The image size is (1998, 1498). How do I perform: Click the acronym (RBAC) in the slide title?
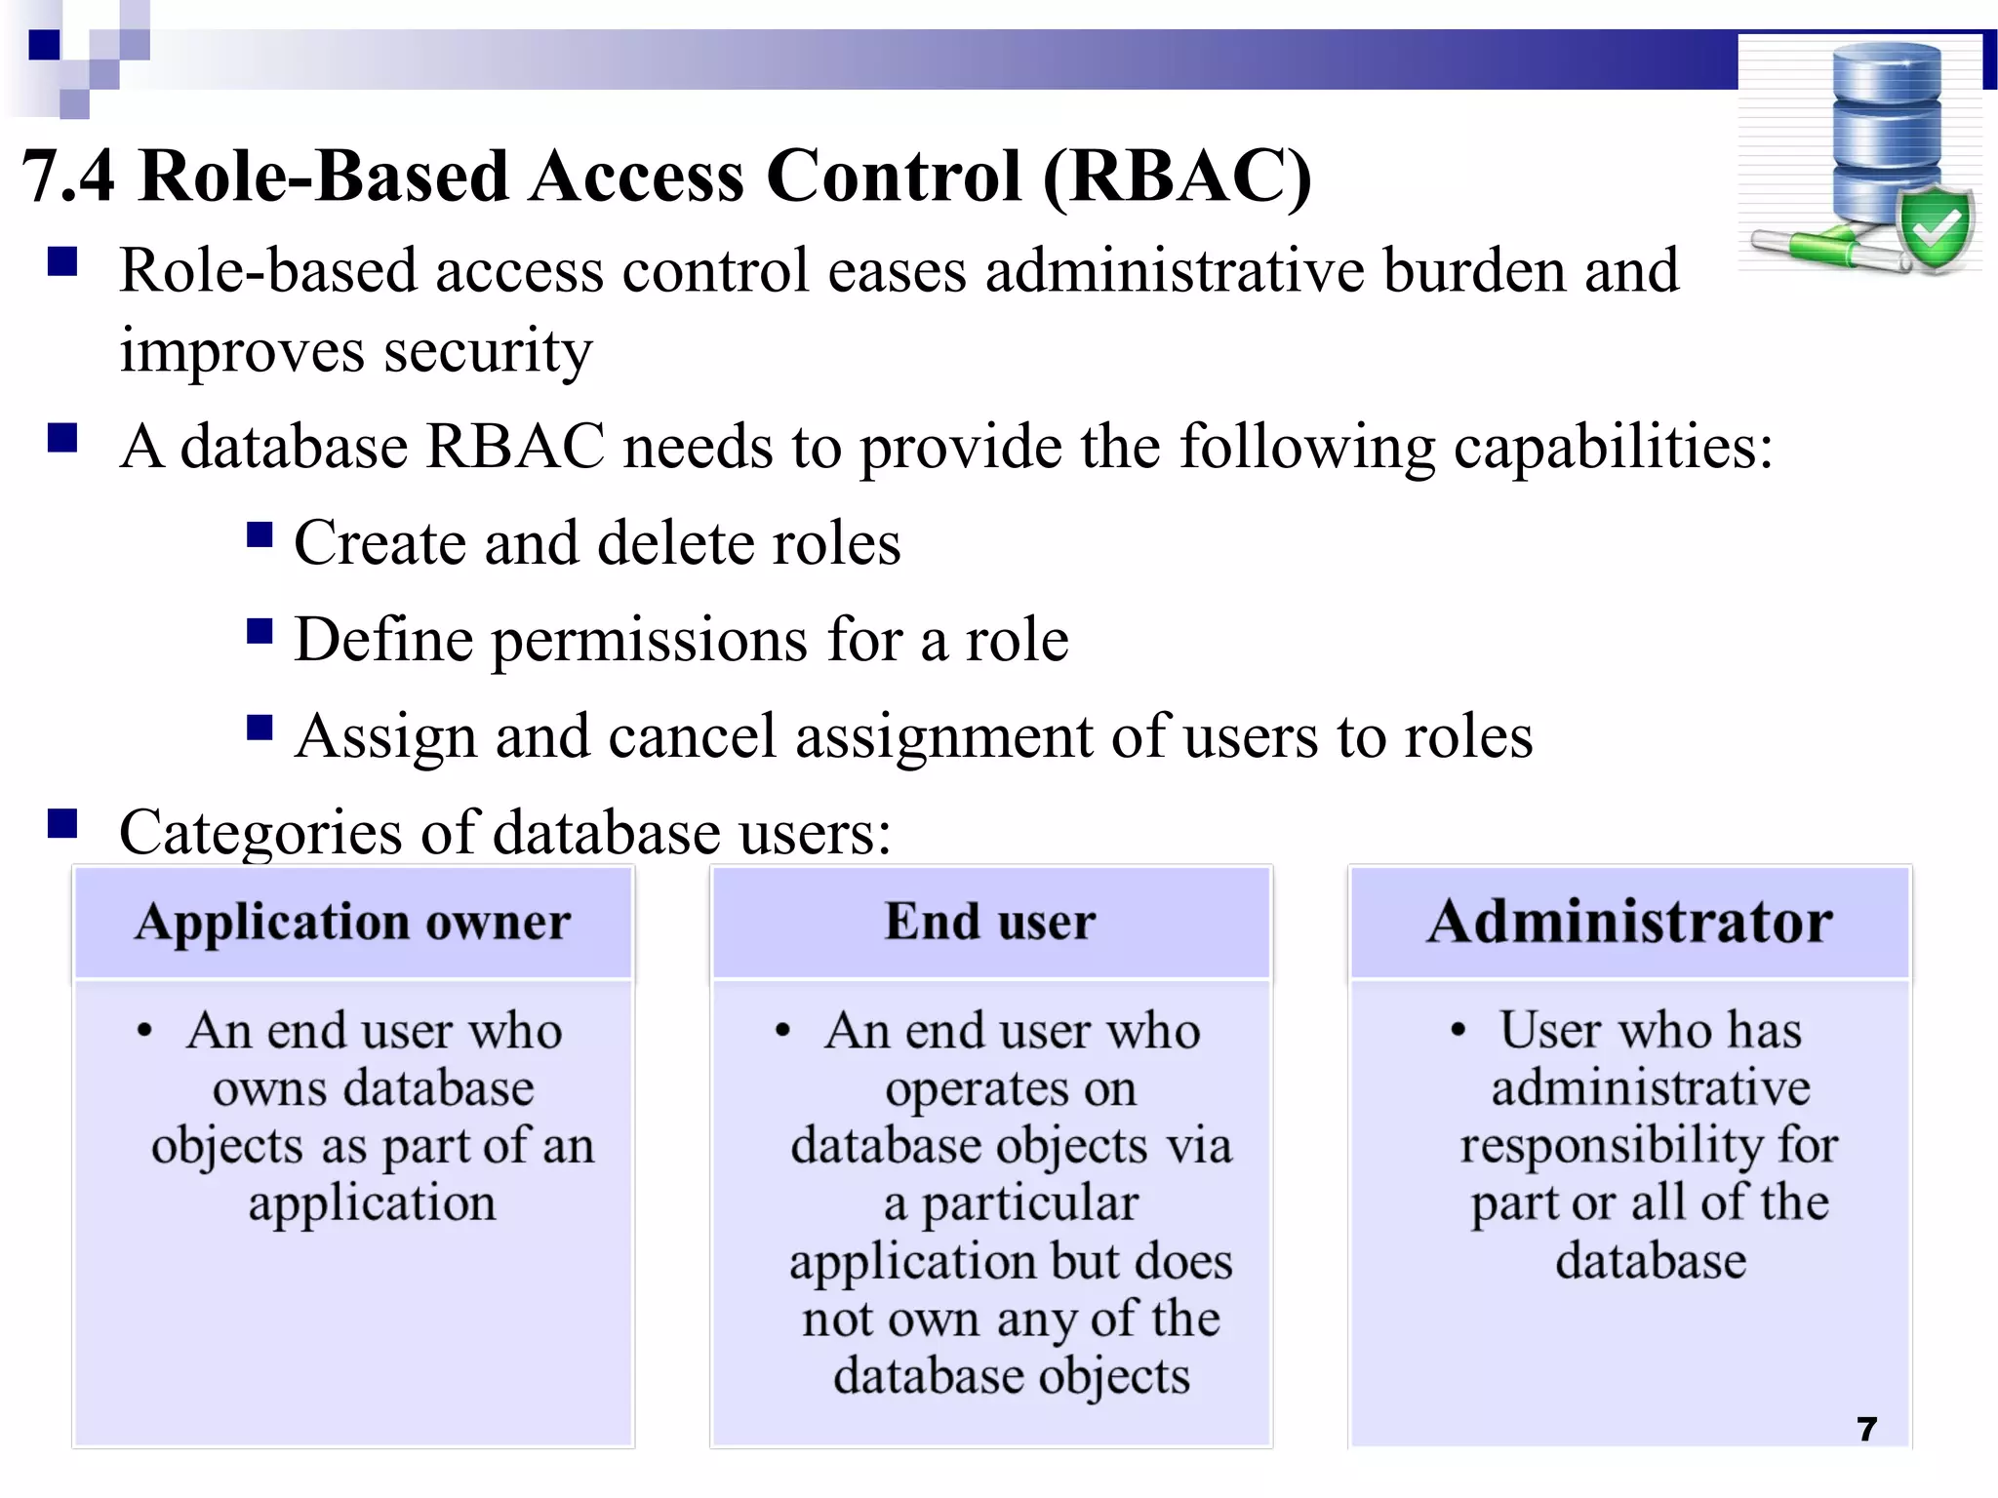[1177, 177]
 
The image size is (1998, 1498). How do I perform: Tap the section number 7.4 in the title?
[68, 177]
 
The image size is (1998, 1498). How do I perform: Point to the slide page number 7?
[1866, 1429]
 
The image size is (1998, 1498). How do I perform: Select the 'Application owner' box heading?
[353, 922]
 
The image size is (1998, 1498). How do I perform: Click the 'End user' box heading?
[990, 922]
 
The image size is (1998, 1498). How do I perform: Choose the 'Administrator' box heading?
[1629, 922]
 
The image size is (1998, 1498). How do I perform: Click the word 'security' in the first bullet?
[488, 351]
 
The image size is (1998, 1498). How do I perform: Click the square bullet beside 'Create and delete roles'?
[260, 535]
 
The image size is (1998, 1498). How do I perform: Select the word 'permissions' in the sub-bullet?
[649, 642]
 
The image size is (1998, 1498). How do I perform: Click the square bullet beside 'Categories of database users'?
[62, 824]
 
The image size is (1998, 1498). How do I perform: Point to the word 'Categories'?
[260, 833]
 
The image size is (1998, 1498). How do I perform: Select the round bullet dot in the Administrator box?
[1458, 1030]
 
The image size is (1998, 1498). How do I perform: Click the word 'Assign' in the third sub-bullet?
[386, 737]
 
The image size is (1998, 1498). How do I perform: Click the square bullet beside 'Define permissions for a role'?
[260, 632]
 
